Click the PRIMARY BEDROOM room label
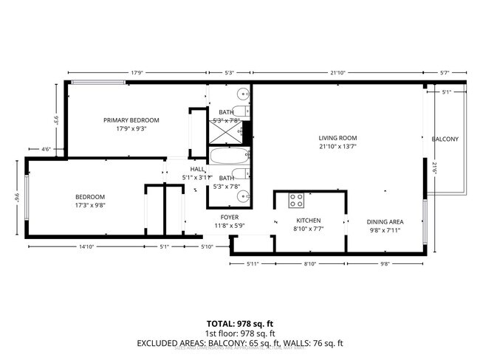tap(131, 120)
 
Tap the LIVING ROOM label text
tap(337, 138)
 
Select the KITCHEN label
tap(308, 221)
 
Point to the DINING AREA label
tap(385, 221)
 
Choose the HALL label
tap(197, 170)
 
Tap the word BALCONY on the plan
tap(445, 139)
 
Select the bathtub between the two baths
tap(230, 156)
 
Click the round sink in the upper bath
tap(244, 94)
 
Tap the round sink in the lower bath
tap(244, 196)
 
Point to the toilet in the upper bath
tap(245, 112)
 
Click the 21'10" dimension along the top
tap(337, 72)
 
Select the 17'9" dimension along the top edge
tap(137, 72)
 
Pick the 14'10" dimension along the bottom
tap(86, 246)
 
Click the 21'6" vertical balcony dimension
tap(434, 168)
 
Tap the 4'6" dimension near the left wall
tap(46, 150)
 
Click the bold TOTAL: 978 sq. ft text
tap(239, 324)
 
